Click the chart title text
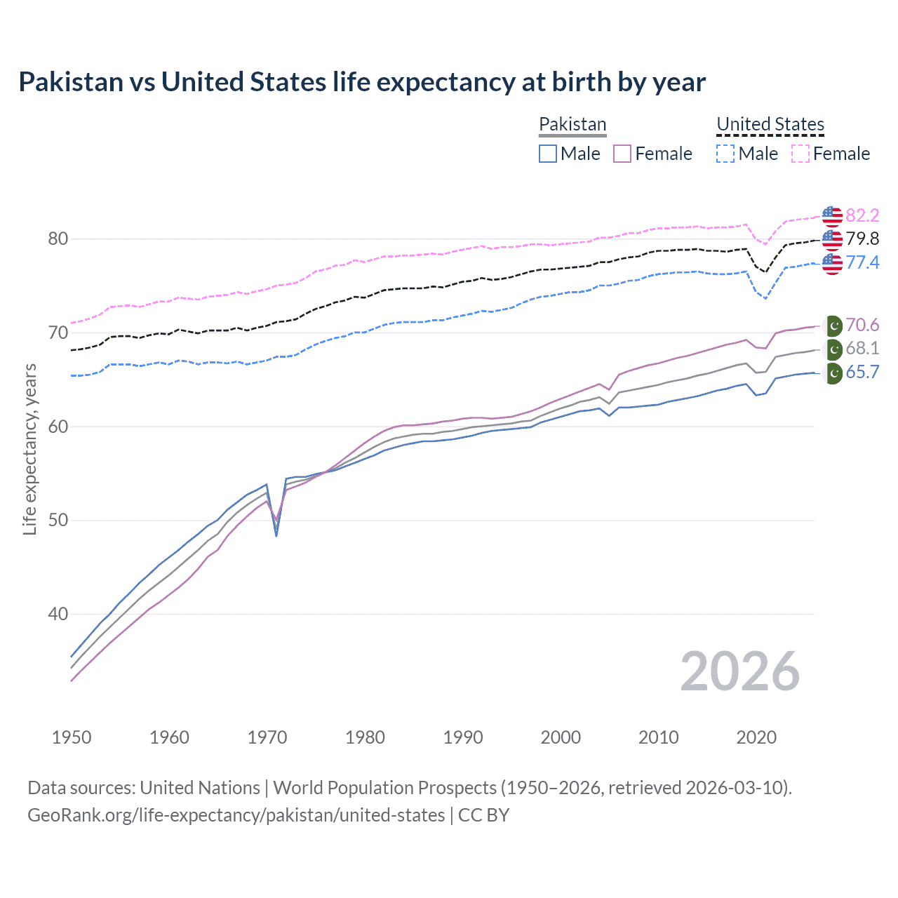tap(362, 82)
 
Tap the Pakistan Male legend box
tap(548, 154)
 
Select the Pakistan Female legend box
tap(622, 154)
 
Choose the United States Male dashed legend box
tap(725, 154)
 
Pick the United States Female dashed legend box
tap(800, 154)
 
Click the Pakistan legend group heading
tap(572, 124)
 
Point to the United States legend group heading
tap(770, 124)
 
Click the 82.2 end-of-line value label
tap(862, 215)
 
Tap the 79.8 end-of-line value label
tap(862, 239)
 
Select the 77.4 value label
tap(862, 262)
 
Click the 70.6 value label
tap(862, 325)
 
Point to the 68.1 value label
tap(862, 349)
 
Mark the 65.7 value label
tap(862, 373)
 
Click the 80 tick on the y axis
tap(58, 239)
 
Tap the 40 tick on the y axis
tap(58, 615)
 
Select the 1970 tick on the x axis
tap(267, 737)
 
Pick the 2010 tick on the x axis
tap(658, 737)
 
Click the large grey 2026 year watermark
tap(740, 671)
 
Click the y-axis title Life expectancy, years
tap(30, 450)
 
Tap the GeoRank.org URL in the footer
tap(236, 815)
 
